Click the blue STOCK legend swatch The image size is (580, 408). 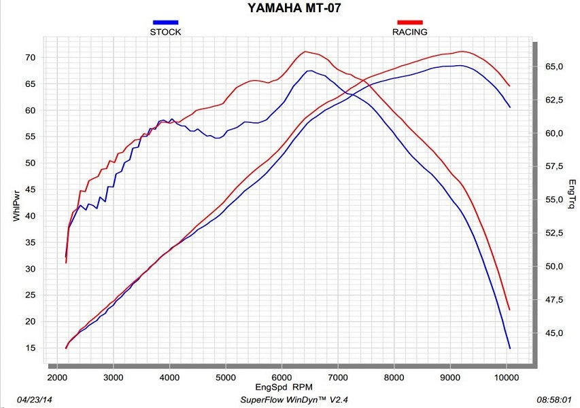point(165,22)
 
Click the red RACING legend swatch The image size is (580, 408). point(409,22)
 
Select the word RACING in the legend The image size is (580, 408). point(409,32)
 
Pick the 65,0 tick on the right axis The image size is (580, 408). point(554,67)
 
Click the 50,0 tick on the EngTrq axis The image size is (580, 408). point(554,266)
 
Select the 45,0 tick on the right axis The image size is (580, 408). point(554,333)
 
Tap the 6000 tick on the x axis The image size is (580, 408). point(282,376)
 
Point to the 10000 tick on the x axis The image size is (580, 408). point(505,376)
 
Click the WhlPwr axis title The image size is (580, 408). point(15,206)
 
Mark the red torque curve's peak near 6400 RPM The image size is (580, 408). point(305,52)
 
